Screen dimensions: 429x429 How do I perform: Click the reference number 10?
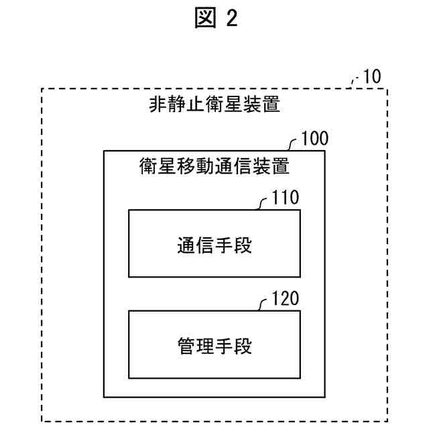pos(370,76)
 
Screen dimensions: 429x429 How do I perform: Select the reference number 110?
pos(286,199)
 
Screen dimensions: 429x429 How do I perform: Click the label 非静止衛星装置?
pos(214,105)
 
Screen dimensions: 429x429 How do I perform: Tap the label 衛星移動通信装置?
pos(214,165)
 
